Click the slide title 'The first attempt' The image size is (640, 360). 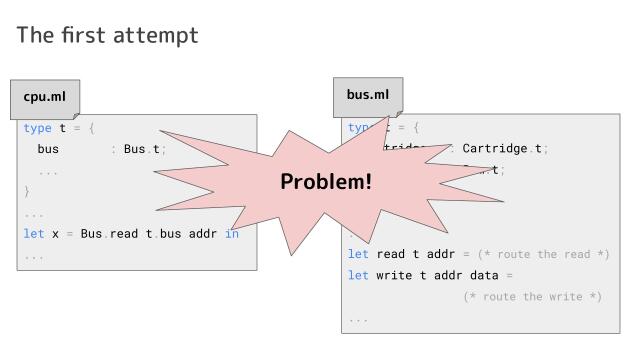(108, 35)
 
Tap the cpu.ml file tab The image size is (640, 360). (44, 97)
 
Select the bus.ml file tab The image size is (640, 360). (368, 96)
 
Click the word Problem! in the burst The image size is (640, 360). (325, 181)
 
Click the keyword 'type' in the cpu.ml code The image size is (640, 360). (37, 128)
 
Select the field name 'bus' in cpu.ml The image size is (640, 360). (48, 149)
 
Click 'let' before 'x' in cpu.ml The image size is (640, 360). (33, 234)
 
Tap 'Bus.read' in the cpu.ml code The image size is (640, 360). (105, 234)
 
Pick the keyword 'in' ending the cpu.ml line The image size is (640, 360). (232, 234)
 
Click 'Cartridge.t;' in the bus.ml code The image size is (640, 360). (505, 149)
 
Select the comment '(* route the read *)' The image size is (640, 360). (543, 254)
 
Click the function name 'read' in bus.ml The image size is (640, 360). (391, 254)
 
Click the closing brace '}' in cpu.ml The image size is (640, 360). (27, 191)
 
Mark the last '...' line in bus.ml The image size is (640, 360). (358, 319)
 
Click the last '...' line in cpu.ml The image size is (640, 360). (33, 256)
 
